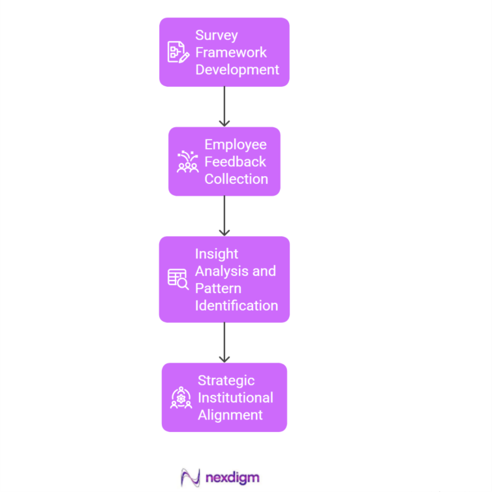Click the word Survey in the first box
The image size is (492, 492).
[x=217, y=35]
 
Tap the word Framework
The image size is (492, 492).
[x=231, y=52]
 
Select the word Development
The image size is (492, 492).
[x=237, y=69]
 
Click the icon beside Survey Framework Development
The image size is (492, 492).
[x=178, y=52]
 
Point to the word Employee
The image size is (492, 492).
[x=235, y=144]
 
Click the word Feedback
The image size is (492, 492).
[x=235, y=161]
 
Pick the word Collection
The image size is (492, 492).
[x=236, y=179]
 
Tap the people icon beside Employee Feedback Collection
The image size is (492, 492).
[x=187, y=162]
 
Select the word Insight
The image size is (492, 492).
[x=217, y=254]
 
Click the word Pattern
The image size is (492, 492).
[x=218, y=288]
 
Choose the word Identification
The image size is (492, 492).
[x=236, y=305]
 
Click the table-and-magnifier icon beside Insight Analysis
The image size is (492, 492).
[x=178, y=279]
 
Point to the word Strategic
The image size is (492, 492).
[x=226, y=380]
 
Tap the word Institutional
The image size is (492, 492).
[x=236, y=397]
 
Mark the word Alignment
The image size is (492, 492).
[x=230, y=415]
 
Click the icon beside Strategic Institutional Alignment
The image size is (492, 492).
[x=181, y=397]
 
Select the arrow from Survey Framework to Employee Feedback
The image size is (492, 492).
[x=224, y=106]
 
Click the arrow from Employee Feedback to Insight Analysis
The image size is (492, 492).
[x=224, y=215]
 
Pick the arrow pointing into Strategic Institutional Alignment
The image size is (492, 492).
[x=224, y=342]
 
